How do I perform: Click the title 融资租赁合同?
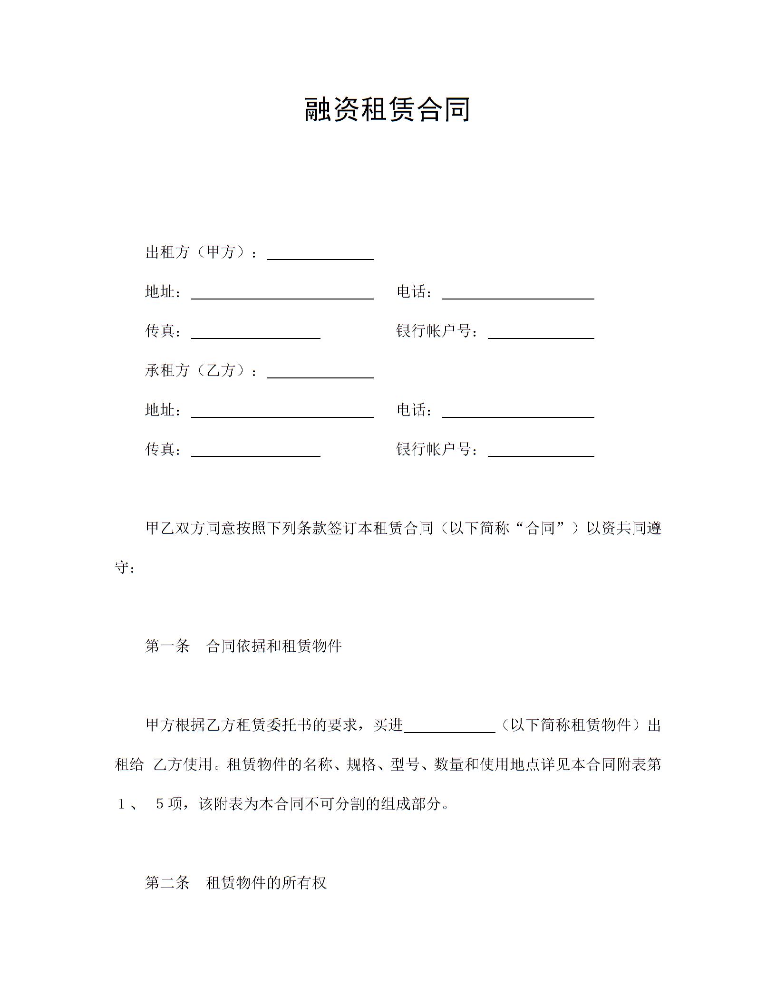click(388, 109)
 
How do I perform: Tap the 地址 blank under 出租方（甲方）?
click(282, 294)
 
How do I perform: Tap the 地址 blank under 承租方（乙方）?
click(282, 412)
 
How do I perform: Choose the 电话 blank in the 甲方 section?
click(518, 294)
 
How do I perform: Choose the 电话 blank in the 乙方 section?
click(518, 412)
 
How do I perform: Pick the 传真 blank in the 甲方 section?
click(255, 333)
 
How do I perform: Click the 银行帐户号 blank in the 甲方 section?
click(541, 333)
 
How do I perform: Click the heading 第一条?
click(167, 646)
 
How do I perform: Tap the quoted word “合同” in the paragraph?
click(540, 528)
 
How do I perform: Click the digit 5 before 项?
click(160, 804)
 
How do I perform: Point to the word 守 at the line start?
click(122, 567)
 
